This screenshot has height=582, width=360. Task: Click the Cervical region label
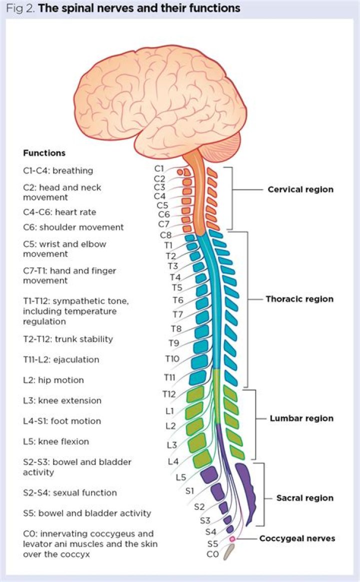point(300,190)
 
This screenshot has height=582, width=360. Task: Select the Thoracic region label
point(299,299)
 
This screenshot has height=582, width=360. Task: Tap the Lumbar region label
point(301,418)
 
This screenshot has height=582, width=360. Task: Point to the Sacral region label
point(304,498)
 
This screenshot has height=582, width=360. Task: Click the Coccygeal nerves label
point(297,538)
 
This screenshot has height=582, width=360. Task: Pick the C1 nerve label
point(159,169)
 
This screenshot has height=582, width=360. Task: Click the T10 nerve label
point(172,358)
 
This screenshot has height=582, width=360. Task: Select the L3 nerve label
point(171,444)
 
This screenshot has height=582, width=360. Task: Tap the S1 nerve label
point(189,490)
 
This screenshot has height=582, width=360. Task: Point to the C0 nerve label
point(212,553)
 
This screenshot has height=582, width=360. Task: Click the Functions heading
point(44,153)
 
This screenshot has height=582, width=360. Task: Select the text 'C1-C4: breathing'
point(58,170)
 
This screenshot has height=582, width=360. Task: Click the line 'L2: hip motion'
point(53,380)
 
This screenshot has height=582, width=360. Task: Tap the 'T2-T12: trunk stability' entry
point(68,339)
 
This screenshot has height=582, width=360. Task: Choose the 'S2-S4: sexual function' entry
point(70,492)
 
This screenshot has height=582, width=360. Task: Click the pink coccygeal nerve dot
point(232,539)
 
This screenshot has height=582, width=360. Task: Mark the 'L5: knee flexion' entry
point(56,441)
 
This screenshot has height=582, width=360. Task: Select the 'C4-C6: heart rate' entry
point(59,212)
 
